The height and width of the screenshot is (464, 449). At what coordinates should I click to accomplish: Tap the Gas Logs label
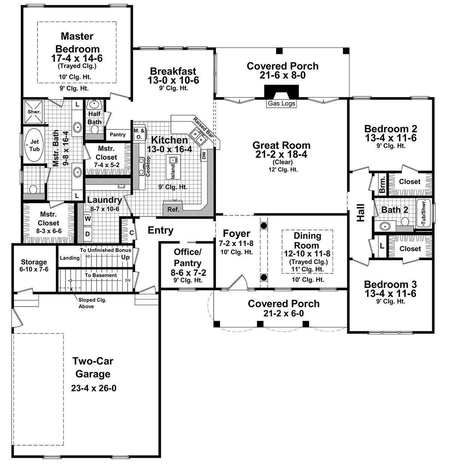coord(281,104)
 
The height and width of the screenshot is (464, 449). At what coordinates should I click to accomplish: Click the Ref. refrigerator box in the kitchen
coord(173,209)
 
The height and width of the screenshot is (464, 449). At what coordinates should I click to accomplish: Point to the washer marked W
coord(88,218)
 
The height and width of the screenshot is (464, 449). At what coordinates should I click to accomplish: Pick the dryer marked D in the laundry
coord(88,234)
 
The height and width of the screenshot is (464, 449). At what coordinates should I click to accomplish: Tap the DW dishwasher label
coord(204,156)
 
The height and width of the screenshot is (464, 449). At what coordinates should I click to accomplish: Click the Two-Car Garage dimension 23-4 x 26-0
coord(94,388)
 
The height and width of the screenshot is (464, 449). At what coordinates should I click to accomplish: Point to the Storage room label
coord(34,262)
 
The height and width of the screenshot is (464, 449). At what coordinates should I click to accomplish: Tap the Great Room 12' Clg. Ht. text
coord(281,169)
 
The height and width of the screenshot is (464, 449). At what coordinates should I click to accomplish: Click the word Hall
coord(360,212)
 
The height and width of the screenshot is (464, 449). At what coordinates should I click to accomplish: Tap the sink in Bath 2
coord(385,226)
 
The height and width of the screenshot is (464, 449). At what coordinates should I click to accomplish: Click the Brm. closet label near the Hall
coord(382,184)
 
